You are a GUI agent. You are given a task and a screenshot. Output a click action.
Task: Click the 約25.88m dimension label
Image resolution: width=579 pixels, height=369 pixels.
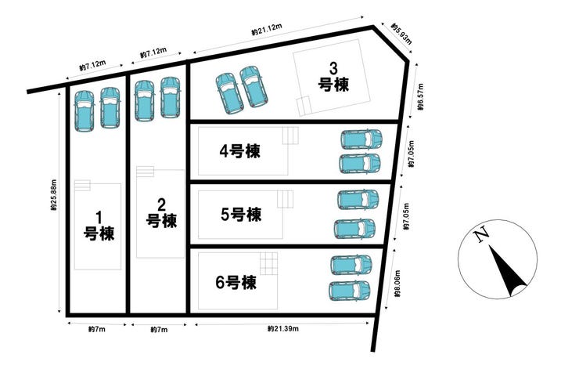pos(54,195)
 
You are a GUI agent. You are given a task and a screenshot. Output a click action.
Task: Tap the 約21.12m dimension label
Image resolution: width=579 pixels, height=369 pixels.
pos(267,29)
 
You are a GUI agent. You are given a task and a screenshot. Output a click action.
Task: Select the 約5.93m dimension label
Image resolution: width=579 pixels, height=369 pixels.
pos(401,34)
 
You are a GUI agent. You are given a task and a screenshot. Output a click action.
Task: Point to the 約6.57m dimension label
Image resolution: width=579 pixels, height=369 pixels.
pos(421,97)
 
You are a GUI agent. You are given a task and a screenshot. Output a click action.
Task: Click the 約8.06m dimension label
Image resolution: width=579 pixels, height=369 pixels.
pos(397,284)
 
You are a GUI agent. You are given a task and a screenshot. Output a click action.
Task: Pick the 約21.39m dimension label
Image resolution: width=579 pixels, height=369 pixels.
pos(283,328)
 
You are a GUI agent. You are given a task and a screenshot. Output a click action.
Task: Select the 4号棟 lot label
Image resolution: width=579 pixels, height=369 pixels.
pos(239,151)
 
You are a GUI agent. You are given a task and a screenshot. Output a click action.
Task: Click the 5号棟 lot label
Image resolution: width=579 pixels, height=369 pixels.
pos(241,215)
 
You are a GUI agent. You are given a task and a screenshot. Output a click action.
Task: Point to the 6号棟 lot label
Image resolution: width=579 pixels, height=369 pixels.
pos(236,283)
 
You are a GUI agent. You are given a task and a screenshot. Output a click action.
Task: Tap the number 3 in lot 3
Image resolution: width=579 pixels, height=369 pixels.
pos(333,68)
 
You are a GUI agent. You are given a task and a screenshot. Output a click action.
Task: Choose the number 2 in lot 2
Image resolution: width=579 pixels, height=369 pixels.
pos(161,204)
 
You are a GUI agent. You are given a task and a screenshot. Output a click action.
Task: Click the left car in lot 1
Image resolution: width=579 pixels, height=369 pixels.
pos(85,111)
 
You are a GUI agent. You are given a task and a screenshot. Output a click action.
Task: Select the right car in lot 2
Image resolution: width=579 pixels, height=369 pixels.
pos(171,98)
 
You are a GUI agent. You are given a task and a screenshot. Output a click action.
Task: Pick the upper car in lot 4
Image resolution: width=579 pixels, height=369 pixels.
pos(361,139)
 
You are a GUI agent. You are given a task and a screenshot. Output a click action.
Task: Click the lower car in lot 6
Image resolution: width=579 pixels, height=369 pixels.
pos(349,291)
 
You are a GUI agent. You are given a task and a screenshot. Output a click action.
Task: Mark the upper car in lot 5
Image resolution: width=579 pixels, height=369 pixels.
pos(358,200)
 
